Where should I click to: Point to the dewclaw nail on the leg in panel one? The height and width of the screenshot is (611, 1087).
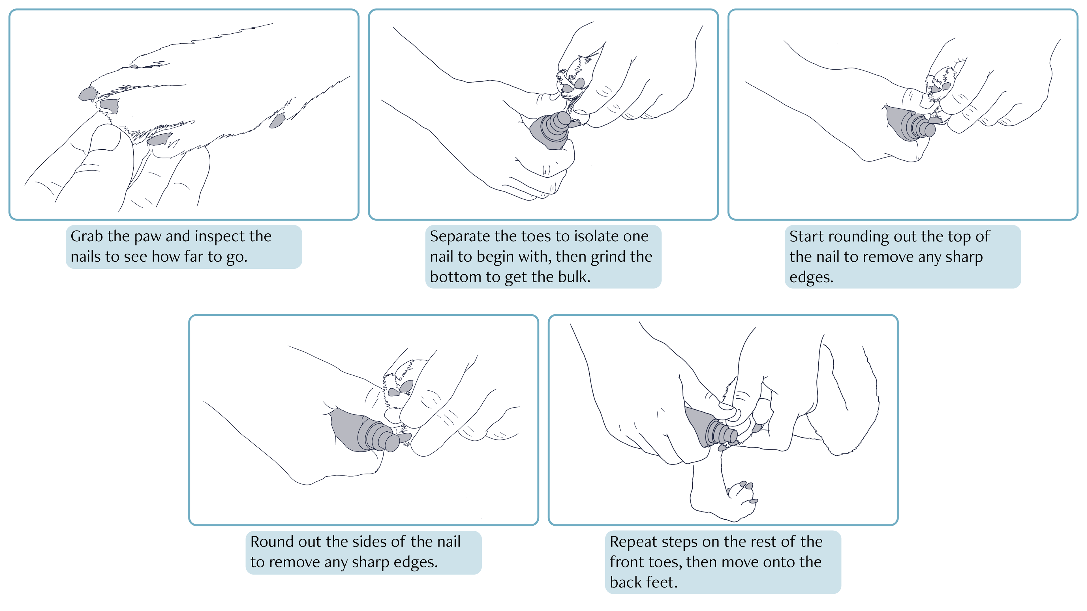[x=277, y=121]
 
